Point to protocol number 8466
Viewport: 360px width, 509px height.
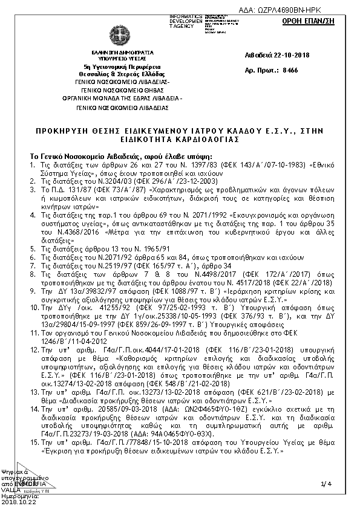290,70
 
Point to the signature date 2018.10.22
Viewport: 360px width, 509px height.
19,501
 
